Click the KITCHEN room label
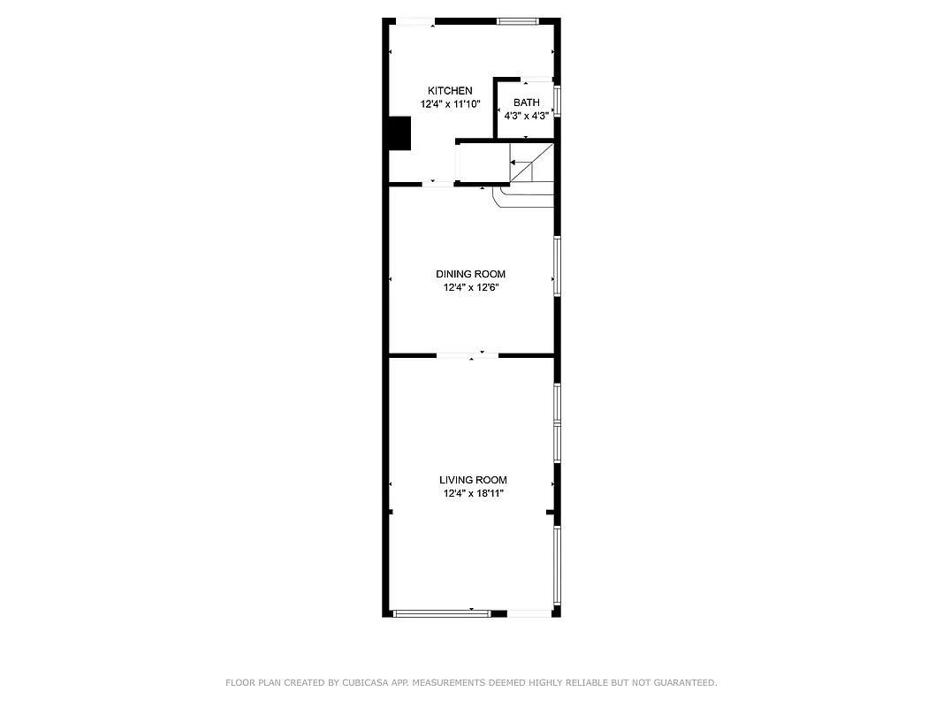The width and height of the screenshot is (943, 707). coord(450,91)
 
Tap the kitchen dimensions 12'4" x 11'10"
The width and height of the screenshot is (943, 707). coord(450,104)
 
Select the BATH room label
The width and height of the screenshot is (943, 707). coord(526,103)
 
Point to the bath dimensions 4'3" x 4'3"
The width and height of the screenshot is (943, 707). coord(526,116)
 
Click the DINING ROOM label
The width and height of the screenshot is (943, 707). coord(470,274)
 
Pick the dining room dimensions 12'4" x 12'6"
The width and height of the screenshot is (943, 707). coord(470,287)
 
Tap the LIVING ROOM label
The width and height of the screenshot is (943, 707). coord(473,480)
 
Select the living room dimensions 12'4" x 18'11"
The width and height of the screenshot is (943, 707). coord(473,493)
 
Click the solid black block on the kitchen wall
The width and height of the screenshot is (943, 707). coord(399,133)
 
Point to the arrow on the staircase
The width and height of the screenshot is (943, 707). coord(515,163)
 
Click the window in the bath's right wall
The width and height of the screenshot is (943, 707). coord(557,100)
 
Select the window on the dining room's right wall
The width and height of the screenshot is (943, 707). coord(557,265)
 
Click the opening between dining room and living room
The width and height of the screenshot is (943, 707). coord(468,355)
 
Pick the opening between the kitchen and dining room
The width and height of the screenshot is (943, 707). coord(433,184)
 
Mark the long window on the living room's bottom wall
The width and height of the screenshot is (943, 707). coord(441,613)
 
